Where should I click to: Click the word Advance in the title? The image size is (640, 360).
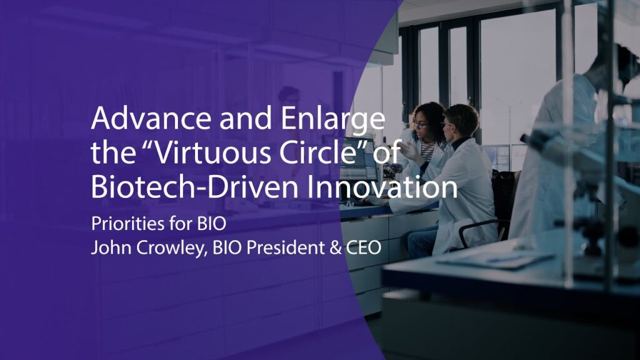151,118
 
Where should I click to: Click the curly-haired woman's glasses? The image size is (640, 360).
420,124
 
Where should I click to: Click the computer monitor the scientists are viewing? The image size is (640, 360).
359,160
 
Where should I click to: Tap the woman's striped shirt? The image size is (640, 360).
427,151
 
